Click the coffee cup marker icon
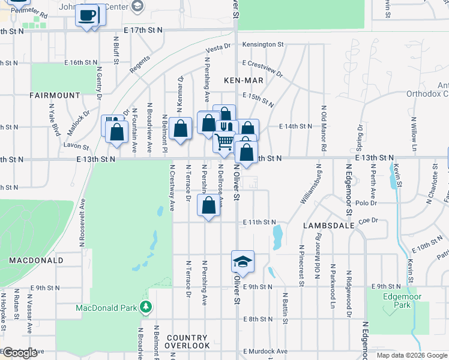(x=89, y=14)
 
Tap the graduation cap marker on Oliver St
(x=243, y=262)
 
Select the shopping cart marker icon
(x=224, y=142)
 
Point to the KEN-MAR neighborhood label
(x=241, y=80)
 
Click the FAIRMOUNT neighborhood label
(x=55, y=95)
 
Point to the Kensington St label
(x=263, y=44)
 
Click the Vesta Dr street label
(x=218, y=48)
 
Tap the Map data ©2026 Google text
(x=412, y=355)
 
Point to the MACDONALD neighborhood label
(x=36, y=260)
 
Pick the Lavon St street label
(x=76, y=145)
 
